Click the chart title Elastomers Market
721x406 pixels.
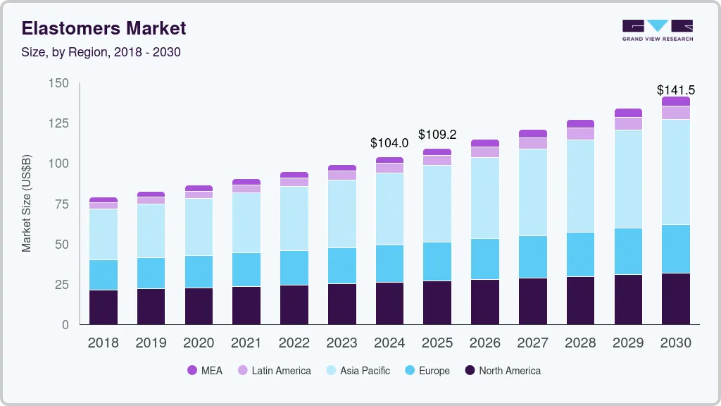click(x=104, y=28)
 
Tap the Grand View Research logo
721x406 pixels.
click(x=657, y=30)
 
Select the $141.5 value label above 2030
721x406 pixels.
click(x=675, y=90)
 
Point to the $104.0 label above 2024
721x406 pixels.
click(x=389, y=143)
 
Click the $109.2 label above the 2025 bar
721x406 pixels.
click(x=437, y=134)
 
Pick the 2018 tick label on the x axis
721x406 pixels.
click(x=103, y=343)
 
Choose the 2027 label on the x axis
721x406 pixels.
click(x=533, y=343)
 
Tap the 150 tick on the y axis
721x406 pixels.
click(x=59, y=83)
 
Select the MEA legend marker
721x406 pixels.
click(x=192, y=371)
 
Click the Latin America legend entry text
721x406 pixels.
click(x=281, y=371)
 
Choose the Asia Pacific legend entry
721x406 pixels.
click(x=365, y=371)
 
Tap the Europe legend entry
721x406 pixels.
click(x=434, y=371)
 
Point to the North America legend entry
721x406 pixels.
click(x=510, y=371)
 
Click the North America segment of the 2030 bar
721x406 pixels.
click(x=675, y=299)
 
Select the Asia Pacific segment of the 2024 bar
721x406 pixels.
click(x=389, y=209)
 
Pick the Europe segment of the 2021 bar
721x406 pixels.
click(x=246, y=270)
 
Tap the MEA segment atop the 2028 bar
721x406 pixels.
click(x=580, y=124)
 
